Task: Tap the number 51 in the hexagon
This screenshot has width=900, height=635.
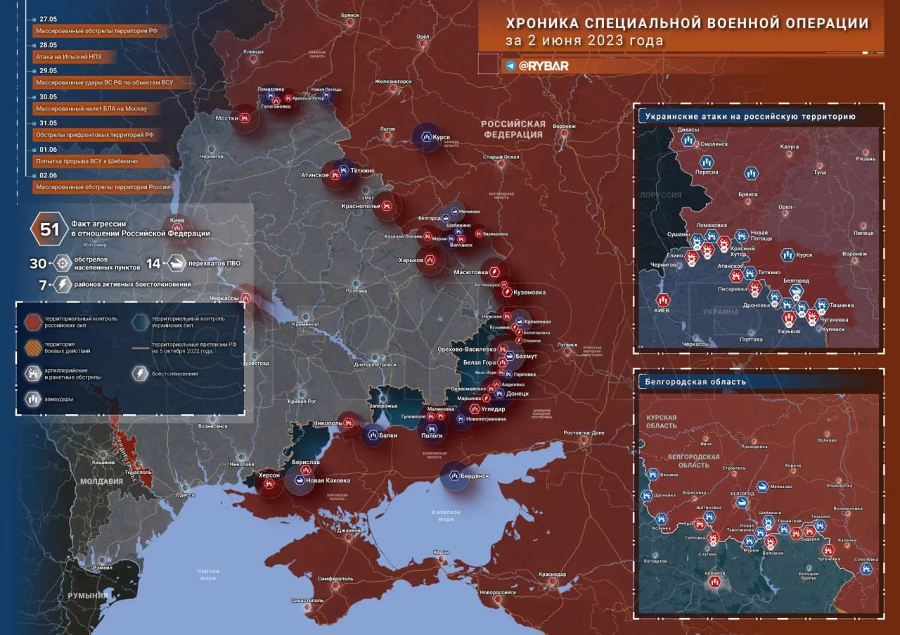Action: [49, 230]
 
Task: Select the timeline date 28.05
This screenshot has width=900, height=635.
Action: [49, 44]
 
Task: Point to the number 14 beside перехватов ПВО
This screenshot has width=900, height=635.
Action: [153, 264]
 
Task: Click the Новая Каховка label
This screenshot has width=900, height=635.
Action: [328, 480]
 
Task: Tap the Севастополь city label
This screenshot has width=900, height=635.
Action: [307, 601]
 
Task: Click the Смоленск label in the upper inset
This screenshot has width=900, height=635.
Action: [714, 143]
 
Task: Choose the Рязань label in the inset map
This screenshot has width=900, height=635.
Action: [866, 159]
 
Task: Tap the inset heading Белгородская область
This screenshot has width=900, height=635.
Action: [692, 382]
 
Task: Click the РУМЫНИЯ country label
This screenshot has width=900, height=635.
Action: [87, 596]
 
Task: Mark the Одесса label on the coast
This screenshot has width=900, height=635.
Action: [185, 495]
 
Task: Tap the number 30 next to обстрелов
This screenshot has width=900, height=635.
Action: [37, 264]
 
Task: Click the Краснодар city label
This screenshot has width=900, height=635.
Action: [553, 575]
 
